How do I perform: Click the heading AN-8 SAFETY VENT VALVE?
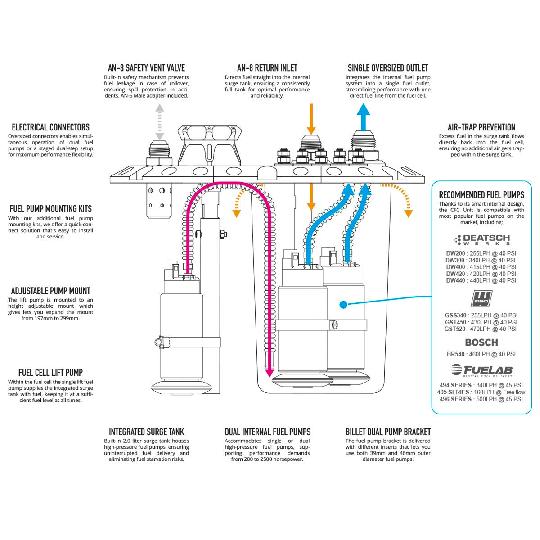click(x=146, y=68)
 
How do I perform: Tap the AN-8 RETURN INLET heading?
click(x=267, y=68)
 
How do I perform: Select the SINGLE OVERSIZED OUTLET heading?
click(x=388, y=68)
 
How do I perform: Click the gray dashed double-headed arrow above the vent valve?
click(x=159, y=121)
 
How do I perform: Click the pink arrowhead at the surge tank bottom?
click(x=270, y=372)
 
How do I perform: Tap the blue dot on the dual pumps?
click(x=343, y=305)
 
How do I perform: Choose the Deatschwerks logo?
click(x=481, y=239)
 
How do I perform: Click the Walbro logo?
click(x=481, y=298)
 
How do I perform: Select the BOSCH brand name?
click(x=481, y=342)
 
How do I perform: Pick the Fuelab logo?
click(x=481, y=370)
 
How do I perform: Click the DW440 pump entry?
click(x=481, y=280)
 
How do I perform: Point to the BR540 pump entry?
click(x=481, y=354)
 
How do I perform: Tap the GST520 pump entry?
click(x=481, y=329)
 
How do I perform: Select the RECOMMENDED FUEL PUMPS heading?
click(x=481, y=195)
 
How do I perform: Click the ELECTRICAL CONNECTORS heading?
click(x=50, y=127)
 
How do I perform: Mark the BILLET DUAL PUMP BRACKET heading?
click(x=388, y=432)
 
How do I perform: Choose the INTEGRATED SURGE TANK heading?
click(x=146, y=432)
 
